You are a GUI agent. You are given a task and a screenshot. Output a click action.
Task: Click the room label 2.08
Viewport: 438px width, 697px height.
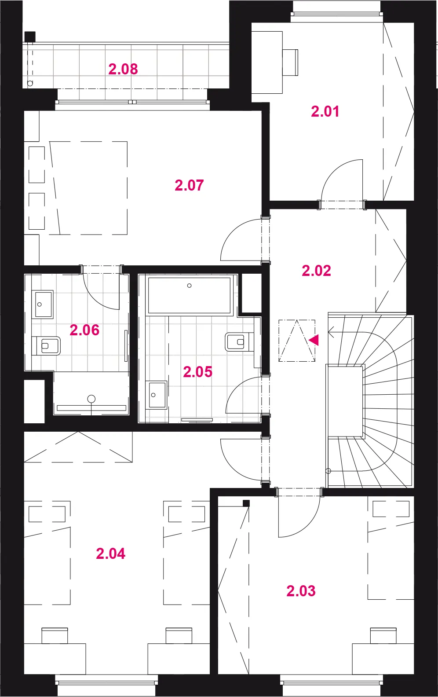(x=123, y=69)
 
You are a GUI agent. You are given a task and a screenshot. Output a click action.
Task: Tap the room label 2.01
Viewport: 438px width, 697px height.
(x=325, y=111)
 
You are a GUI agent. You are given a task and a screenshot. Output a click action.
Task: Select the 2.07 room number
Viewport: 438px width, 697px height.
(x=189, y=185)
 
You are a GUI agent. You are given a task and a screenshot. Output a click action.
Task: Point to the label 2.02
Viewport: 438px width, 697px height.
(x=316, y=271)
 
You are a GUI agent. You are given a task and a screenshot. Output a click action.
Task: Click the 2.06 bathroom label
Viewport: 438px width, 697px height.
(x=84, y=330)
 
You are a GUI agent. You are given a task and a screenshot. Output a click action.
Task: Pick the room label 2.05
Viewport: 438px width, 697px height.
(x=197, y=372)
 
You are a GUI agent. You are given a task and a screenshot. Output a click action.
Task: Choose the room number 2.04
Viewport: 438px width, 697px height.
(x=110, y=554)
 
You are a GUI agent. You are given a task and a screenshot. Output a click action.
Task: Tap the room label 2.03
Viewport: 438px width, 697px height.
(x=301, y=591)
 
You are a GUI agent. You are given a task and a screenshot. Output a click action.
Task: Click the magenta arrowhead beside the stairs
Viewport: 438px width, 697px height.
(x=314, y=340)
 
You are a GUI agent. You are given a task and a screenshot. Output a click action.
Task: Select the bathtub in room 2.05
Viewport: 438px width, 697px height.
(x=189, y=295)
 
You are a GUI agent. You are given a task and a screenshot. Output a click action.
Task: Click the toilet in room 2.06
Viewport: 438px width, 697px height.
(x=46, y=345)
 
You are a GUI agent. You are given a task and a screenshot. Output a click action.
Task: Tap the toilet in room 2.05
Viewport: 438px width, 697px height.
(x=239, y=342)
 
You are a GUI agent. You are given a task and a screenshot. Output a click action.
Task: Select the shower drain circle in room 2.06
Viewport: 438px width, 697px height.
(x=91, y=399)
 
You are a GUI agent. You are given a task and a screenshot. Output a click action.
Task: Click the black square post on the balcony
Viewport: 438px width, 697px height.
(x=30, y=37)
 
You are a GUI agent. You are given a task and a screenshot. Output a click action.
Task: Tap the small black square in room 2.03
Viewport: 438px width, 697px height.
(x=246, y=503)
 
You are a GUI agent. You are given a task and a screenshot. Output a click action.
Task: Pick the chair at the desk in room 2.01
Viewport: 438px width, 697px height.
(x=290, y=62)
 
